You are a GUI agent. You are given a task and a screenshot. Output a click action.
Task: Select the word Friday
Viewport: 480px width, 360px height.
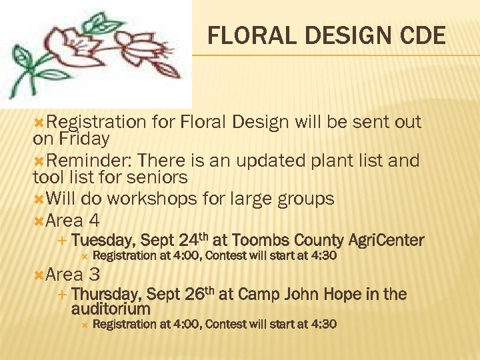[83, 139]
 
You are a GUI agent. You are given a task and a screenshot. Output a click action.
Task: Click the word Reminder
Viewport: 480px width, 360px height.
[85, 161]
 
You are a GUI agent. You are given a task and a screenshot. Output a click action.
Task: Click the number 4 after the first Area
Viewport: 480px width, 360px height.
[94, 220]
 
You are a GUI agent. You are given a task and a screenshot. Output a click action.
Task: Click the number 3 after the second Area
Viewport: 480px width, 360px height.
[94, 274]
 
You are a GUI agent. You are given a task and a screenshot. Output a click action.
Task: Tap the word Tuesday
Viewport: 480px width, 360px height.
[103, 240]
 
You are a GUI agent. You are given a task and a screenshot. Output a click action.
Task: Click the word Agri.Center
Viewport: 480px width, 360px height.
[387, 240]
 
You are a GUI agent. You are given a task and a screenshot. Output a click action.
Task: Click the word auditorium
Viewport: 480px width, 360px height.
[111, 309]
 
